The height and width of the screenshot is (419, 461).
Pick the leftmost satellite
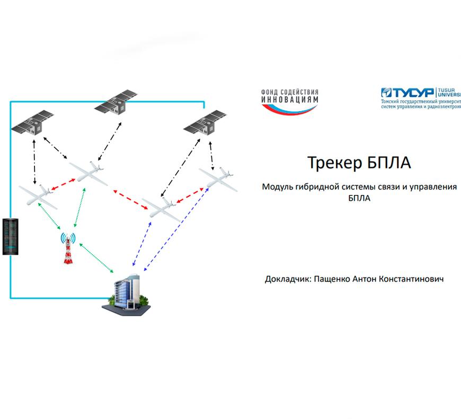coord(33,123)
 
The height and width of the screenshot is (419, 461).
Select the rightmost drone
coord(218,176)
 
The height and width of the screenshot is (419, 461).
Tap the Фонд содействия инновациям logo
coord(289,100)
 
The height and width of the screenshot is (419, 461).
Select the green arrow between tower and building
coord(96,260)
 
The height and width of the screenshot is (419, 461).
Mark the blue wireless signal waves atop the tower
coord(67,237)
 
